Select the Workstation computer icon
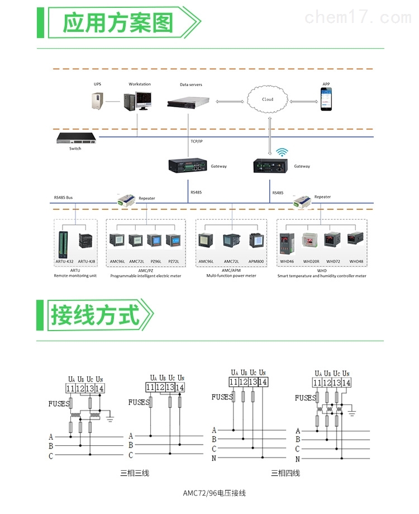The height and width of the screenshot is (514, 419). pyautogui.click(x=136, y=101)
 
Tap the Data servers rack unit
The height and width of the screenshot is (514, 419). pyautogui.click(x=191, y=102)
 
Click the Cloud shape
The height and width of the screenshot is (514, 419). pyautogui.click(x=268, y=100)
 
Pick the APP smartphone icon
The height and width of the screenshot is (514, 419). pyautogui.click(x=326, y=100)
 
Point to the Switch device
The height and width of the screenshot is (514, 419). pyautogui.click(x=75, y=138)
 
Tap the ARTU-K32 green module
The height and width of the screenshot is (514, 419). pyautogui.click(x=63, y=242)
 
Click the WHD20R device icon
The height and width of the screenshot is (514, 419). pyautogui.click(x=311, y=241)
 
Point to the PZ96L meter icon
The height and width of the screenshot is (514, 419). pyautogui.click(x=154, y=241)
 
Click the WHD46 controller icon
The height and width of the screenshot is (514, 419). pyautogui.click(x=287, y=241)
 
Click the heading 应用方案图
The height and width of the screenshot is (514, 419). pyautogui.click(x=117, y=23)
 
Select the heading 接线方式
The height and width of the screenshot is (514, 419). pyautogui.click(x=95, y=314)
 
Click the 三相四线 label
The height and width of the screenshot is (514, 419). pyautogui.click(x=285, y=473)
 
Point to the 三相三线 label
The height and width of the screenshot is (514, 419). pyautogui.click(x=135, y=473)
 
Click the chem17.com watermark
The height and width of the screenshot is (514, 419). pyautogui.click(x=358, y=17)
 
